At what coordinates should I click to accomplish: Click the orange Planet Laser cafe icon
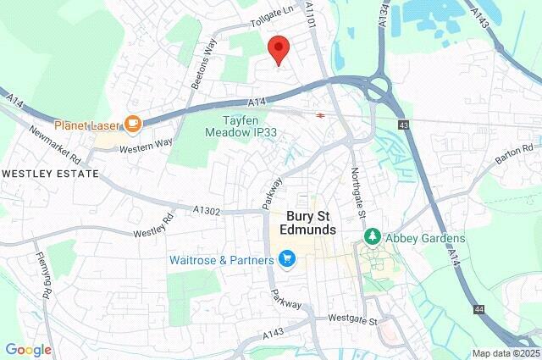[x=132, y=125]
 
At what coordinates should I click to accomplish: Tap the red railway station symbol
[x=322, y=115]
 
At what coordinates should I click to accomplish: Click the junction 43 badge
[x=402, y=125]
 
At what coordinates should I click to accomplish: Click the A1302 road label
[x=208, y=209]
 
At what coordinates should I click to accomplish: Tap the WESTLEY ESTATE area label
[x=50, y=174]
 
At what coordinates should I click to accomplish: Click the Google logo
[x=28, y=350]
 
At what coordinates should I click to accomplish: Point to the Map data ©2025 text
[x=505, y=353]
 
